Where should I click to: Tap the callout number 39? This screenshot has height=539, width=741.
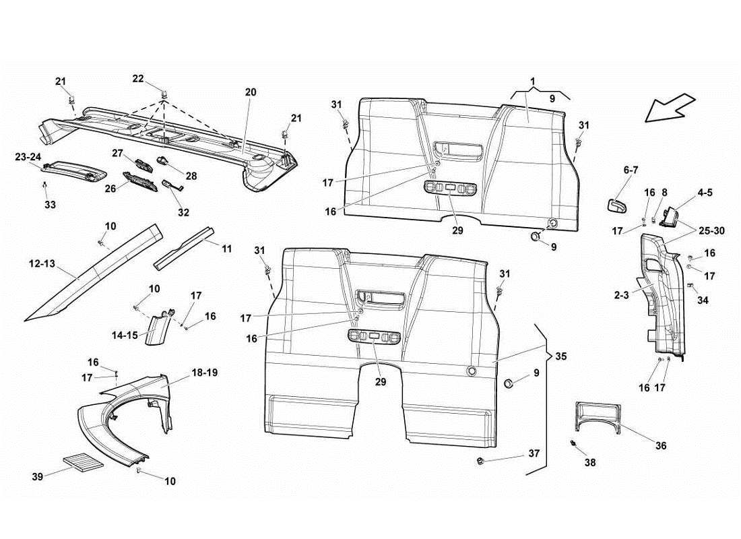pos(37,476)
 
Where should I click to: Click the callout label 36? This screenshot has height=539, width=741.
pos(661,445)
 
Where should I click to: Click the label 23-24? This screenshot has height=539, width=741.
pos(28,156)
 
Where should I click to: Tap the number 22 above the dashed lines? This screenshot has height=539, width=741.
pos(138,79)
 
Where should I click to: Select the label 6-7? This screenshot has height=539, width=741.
pos(631,171)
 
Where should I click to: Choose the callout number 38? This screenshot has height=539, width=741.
pos(591,464)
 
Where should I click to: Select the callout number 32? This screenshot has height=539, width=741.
pos(184,212)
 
